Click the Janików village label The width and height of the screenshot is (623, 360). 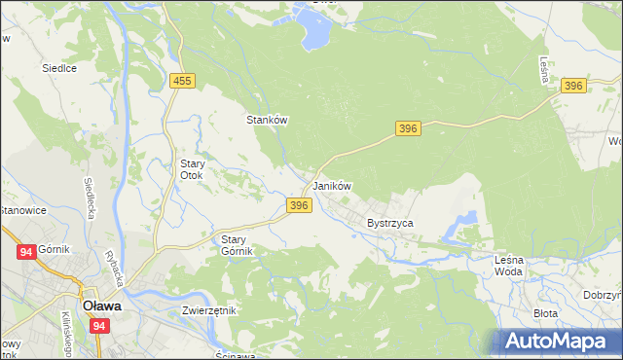pos(331,186)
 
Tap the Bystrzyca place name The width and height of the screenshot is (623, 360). pos(390,223)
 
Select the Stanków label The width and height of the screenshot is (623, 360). pos(266,120)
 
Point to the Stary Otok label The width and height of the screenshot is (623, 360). pos(191,170)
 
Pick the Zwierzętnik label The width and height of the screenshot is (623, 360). pos(208,310)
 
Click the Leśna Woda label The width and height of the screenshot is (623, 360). pos(508,265)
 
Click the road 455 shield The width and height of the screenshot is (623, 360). pos(182,83)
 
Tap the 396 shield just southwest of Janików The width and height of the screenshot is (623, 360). pos(299,205)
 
